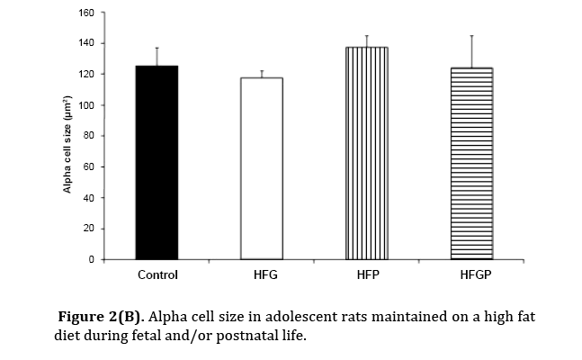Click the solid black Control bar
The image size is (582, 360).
tap(157, 163)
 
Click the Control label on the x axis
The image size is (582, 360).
tap(157, 274)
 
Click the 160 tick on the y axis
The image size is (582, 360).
tap(86, 13)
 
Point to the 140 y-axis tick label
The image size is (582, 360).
tap(86, 43)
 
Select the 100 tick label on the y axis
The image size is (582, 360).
tap(86, 105)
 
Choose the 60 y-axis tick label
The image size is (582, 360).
tap(89, 166)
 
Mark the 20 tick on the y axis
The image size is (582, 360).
tap(89, 229)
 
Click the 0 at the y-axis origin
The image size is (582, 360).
tap(92, 259)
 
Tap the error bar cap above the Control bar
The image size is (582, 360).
tap(157, 48)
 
